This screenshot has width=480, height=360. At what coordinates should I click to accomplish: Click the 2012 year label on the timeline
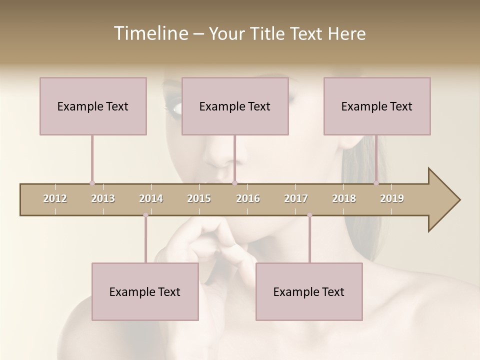tap(55, 198)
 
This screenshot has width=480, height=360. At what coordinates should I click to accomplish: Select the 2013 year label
tap(103, 198)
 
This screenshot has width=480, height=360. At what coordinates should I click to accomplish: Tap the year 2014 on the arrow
tap(151, 198)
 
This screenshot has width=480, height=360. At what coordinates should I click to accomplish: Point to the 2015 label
tap(199, 198)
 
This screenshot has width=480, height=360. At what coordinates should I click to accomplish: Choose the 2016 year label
tap(248, 198)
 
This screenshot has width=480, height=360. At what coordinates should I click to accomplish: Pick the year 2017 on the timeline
tap(296, 198)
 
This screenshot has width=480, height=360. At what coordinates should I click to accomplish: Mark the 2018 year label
tap(344, 198)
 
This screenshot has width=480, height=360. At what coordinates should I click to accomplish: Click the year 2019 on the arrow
tap(392, 198)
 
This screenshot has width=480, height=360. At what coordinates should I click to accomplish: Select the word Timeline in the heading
tap(150, 33)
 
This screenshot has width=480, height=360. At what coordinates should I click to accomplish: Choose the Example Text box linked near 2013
tap(93, 106)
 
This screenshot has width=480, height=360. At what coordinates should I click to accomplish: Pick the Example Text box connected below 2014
tap(145, 291)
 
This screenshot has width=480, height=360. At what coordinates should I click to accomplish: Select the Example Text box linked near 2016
tap(235, 106)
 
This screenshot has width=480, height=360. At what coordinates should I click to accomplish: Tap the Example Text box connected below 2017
tap(309, 291)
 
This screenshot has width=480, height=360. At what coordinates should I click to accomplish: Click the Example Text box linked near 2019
tap(377, 106)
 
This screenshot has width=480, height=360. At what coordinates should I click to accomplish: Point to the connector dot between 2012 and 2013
tap(92, 183)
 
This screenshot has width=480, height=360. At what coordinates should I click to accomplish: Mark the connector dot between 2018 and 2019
tap(376, 183)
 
